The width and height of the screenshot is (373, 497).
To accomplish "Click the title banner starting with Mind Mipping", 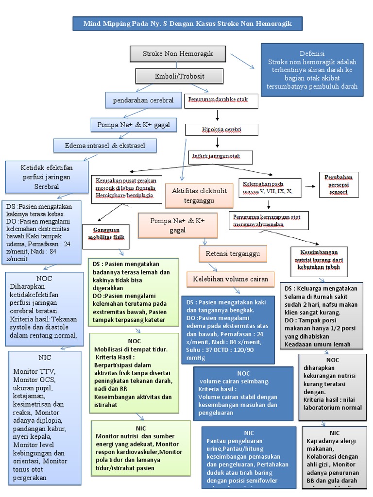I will click(x=188, y=23).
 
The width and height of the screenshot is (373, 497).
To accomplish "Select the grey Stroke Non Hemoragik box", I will click(x=178, y=53).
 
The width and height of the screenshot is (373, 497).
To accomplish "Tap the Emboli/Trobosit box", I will click(x=180, y=76).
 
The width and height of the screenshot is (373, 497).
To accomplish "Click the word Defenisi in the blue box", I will click(x=312, y=53).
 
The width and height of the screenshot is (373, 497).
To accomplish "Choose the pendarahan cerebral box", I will click(x=143, y=100).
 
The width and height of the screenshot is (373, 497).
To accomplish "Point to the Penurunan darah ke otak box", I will click(x=221, y=101).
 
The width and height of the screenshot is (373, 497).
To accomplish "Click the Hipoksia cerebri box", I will click(x=222, y=131).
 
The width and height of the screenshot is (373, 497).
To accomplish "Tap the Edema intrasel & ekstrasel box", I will click(x=105, y=145).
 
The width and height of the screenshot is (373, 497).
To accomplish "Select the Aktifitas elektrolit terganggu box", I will click(x=199, y=195).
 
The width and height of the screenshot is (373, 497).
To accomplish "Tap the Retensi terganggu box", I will click(x=229, y=253).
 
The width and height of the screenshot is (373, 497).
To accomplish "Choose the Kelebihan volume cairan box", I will click(x=231, y=279).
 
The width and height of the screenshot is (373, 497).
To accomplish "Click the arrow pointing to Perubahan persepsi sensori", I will click(x=309, y=185).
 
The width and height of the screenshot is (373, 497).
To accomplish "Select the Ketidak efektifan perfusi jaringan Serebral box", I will click(x=47, y=177).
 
